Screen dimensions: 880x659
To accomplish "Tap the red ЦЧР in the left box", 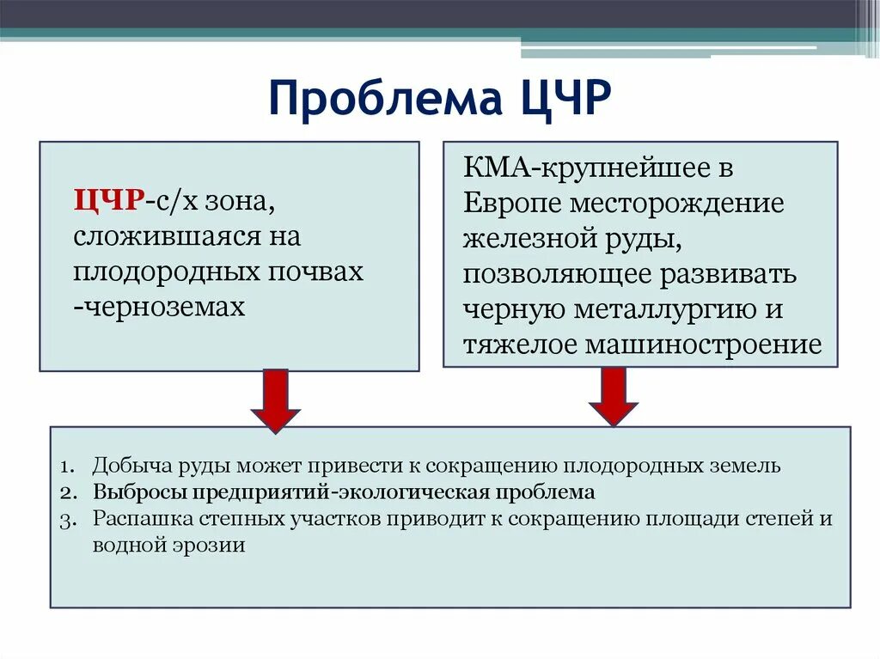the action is point(107,201).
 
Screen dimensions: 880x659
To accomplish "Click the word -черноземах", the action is point(160,307).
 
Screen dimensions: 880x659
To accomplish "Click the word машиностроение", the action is point(703,345).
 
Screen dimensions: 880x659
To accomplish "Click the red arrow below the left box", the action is point(275,400).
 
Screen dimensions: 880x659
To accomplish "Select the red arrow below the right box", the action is point(613,395).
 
